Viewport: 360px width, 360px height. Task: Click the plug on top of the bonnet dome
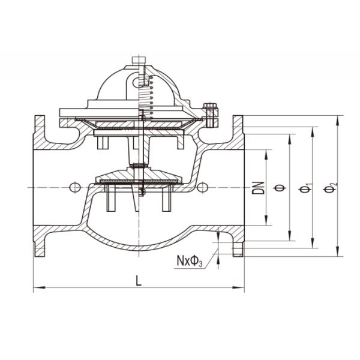139,60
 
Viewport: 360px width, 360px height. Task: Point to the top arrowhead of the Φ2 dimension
338,119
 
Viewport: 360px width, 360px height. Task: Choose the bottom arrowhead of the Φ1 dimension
313,244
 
